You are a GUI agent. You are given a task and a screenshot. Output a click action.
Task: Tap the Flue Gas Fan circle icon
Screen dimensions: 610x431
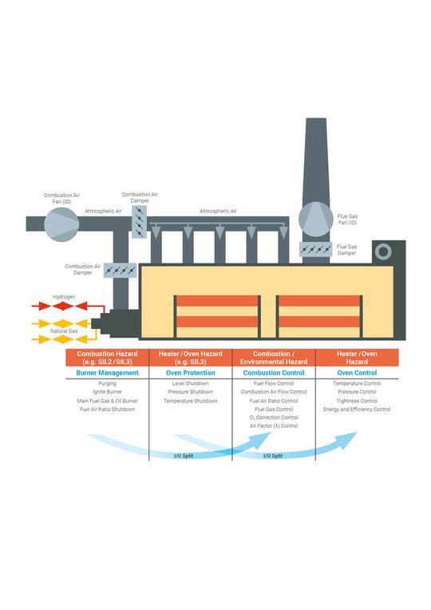314,219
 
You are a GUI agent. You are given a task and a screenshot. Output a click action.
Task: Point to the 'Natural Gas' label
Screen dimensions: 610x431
64,330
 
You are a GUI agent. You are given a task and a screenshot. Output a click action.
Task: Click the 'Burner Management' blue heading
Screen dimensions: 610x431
107,372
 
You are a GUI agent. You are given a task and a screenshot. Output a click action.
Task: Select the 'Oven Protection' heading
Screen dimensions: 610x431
190,372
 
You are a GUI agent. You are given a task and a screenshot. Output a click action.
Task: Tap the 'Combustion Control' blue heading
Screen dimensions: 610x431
274,372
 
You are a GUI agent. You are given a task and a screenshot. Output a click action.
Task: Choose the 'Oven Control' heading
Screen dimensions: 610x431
356,372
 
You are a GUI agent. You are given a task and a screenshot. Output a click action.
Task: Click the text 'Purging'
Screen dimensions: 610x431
107,383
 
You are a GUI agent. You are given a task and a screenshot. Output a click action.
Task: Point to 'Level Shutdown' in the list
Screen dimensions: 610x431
190,383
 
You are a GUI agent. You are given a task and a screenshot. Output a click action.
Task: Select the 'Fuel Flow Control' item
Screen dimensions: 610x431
274,383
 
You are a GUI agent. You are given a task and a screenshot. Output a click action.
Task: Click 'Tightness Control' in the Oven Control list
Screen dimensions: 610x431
356,401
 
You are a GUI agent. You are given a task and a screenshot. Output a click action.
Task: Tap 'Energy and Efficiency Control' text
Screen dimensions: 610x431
356,410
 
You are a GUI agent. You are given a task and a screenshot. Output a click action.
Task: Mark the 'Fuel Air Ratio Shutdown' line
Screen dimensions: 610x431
107,410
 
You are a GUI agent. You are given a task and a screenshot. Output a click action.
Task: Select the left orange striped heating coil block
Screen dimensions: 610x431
217,316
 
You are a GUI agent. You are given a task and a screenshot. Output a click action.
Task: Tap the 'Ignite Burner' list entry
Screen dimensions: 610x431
107,392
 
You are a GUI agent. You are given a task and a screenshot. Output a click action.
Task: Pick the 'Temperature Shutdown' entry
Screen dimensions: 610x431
190,401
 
